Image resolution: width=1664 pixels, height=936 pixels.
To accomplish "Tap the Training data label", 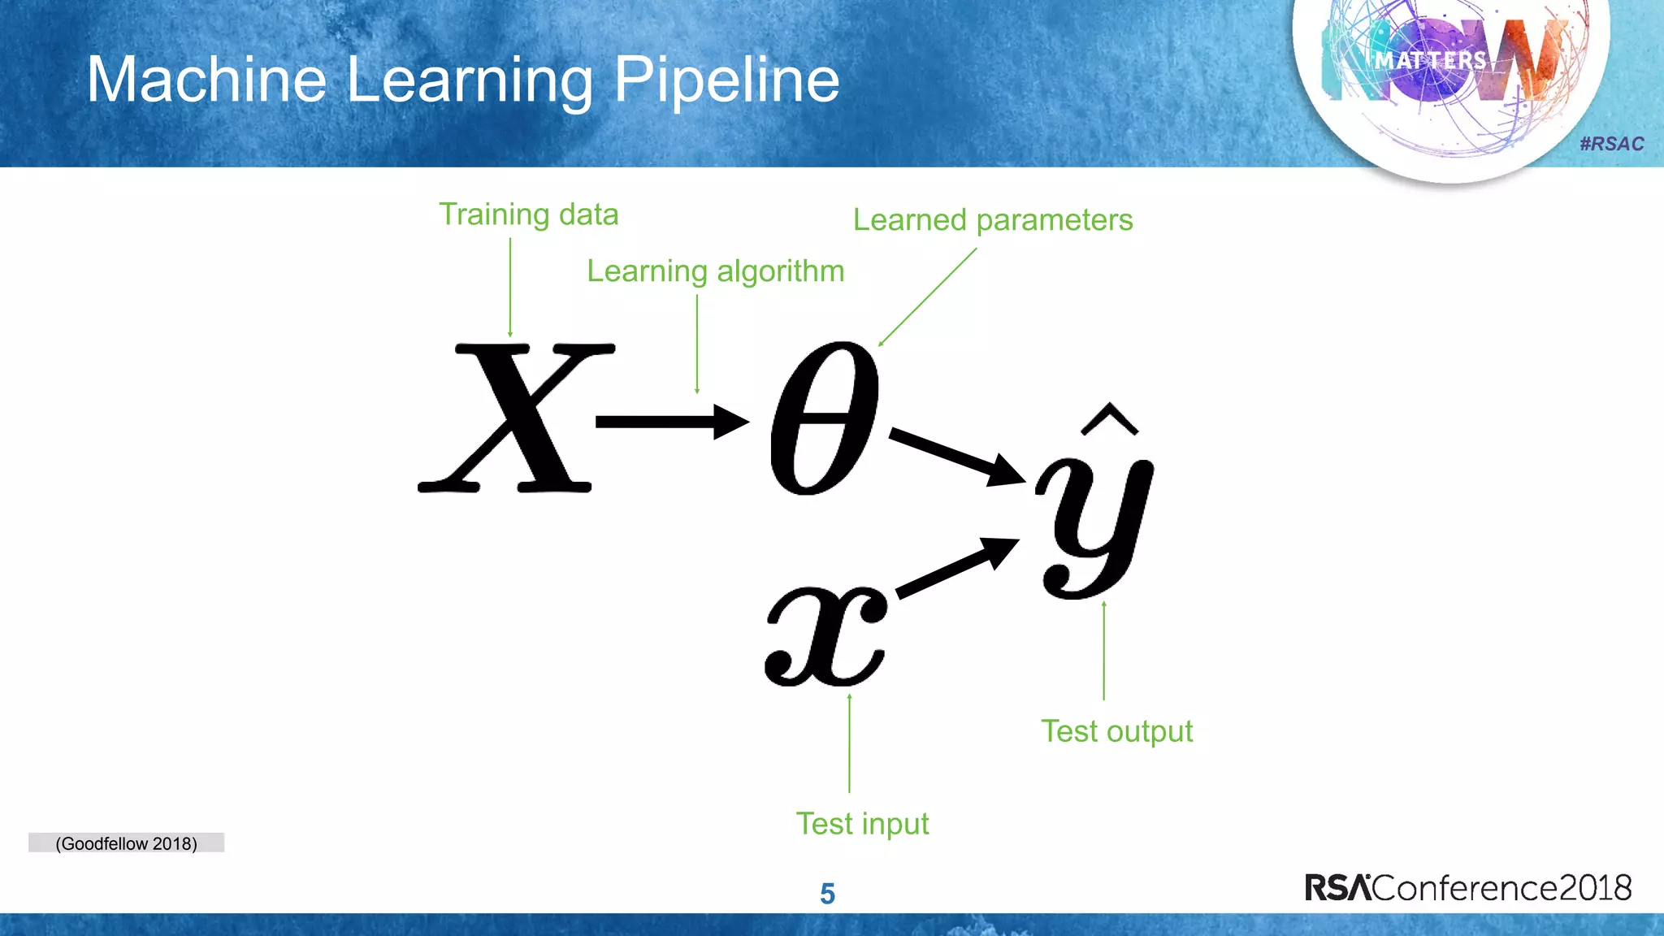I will coord(528,214).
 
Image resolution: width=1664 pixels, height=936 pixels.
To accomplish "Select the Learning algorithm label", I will coord(715,271).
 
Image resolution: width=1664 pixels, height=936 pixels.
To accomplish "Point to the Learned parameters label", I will coord(992,219).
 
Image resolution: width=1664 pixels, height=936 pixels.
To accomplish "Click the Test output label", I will coord(1116,730).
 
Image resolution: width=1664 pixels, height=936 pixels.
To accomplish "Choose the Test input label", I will coord(861,823).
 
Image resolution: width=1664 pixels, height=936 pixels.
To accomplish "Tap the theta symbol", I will coord(824,418).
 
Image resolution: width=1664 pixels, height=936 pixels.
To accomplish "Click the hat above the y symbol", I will coord(1109,418).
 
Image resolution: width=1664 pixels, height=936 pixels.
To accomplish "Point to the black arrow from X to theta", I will coord(670,421).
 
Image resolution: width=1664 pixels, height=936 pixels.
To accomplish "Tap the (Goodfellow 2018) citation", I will coord(126,843).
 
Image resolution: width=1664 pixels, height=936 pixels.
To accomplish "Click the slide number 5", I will coord(827,894).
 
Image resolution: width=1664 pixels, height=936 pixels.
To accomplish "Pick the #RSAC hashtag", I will coord(1611,144).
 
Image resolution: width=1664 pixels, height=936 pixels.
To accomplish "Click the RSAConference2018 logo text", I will coord(1467,887).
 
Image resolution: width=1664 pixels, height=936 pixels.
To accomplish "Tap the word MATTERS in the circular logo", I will coord(1430,61).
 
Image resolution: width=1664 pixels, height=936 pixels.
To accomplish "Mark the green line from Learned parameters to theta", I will coord(928,297).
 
